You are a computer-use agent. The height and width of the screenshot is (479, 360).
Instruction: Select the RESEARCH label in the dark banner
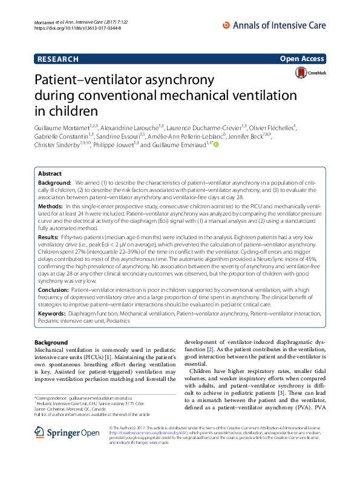[58, 59]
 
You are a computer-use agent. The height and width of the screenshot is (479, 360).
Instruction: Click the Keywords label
[53, 314]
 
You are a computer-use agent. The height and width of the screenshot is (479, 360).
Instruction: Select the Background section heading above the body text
[51, 343]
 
